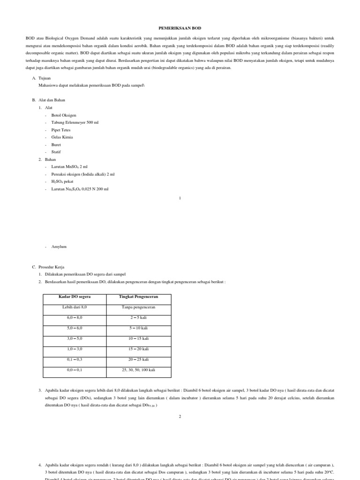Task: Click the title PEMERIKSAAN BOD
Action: (x=180, y=28)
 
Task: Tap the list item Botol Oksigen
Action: (x=64, y=115)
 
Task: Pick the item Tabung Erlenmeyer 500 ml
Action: (x=75, y=122)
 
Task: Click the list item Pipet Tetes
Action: (x=61, y=130)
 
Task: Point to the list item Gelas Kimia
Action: (x=62, y=137)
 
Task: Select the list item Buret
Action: (x=56, y=145)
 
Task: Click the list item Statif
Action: (x=56, y=152)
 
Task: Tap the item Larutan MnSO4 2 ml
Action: (x=69, y=166)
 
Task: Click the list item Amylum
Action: (x=59, y=246)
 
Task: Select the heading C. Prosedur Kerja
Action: (x=51, y=267)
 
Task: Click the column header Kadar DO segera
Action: (x=75, y=297)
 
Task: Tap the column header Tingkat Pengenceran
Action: (x=138, y=297)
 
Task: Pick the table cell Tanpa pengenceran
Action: (x=138, y=307)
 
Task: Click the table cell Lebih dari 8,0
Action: (x=75, y=307)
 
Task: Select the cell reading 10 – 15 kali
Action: (x=138, y=338)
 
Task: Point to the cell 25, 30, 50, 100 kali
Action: (x=138, y=370)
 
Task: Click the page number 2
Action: (x=180, y=416)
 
